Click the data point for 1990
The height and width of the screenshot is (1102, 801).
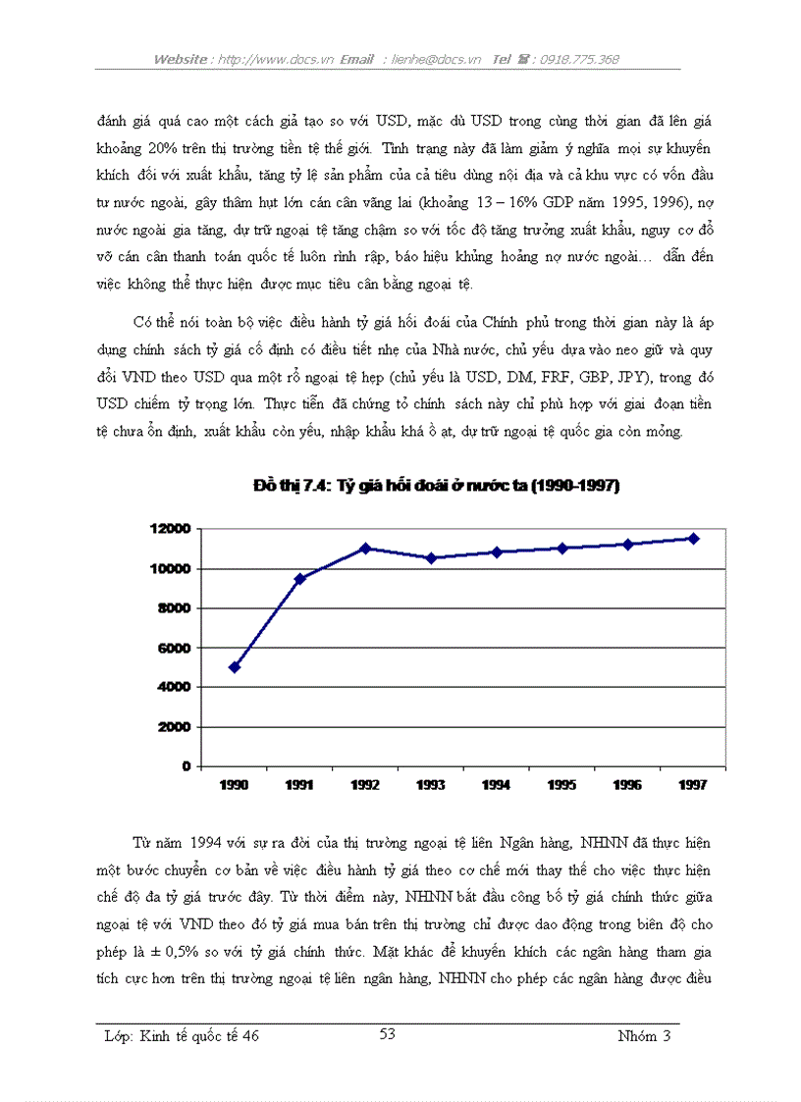point(234,667)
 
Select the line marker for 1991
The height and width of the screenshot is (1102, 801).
point(299,578)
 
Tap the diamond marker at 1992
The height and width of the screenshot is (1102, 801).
point(365,549)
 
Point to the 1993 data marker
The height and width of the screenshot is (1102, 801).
point(431,558)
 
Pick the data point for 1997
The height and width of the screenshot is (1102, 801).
point(693,539)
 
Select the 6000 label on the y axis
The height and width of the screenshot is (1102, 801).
point(173,648)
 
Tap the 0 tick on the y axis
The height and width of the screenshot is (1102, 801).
point(186,765)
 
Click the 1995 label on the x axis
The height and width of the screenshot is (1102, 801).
point(561,785)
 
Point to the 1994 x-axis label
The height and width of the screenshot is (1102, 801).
point(496,785)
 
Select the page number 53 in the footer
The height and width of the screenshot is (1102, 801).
point(387,1033)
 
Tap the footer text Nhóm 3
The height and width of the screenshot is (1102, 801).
point(645,1035)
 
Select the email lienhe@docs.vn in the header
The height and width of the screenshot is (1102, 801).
point(432,59)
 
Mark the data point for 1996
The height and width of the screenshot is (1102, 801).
point(627,545)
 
